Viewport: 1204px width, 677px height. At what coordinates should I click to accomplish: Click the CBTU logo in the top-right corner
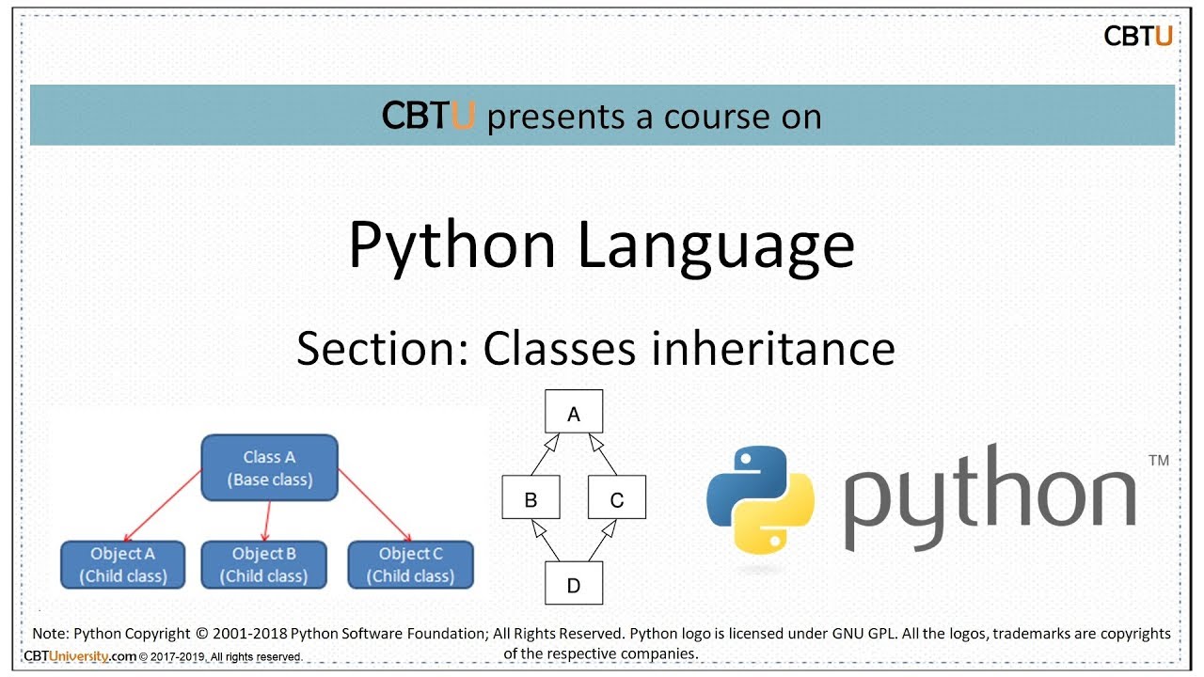[x=1137, y=37]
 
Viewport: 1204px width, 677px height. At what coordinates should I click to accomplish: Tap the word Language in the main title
[x=716, y=246]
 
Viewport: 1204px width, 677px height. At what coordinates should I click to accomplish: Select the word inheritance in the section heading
[x=772, y=349]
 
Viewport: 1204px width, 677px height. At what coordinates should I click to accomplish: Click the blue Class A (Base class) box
[x=269, y=467]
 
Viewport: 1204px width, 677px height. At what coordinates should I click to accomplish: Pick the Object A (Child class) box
[x=123, y=564]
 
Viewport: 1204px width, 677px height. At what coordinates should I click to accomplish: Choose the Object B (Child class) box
[x=264, y=564]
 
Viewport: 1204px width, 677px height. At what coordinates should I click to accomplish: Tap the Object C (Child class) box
[x=411, y=564]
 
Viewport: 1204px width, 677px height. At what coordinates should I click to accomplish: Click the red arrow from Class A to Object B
[x=268, y=520]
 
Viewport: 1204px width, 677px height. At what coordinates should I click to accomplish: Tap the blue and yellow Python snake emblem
[x=760, y=498]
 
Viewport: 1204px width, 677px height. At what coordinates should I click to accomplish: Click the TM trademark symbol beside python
[x=1158, y=461]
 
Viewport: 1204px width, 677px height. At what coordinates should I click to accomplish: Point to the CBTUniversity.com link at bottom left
[x=80, y=656]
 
